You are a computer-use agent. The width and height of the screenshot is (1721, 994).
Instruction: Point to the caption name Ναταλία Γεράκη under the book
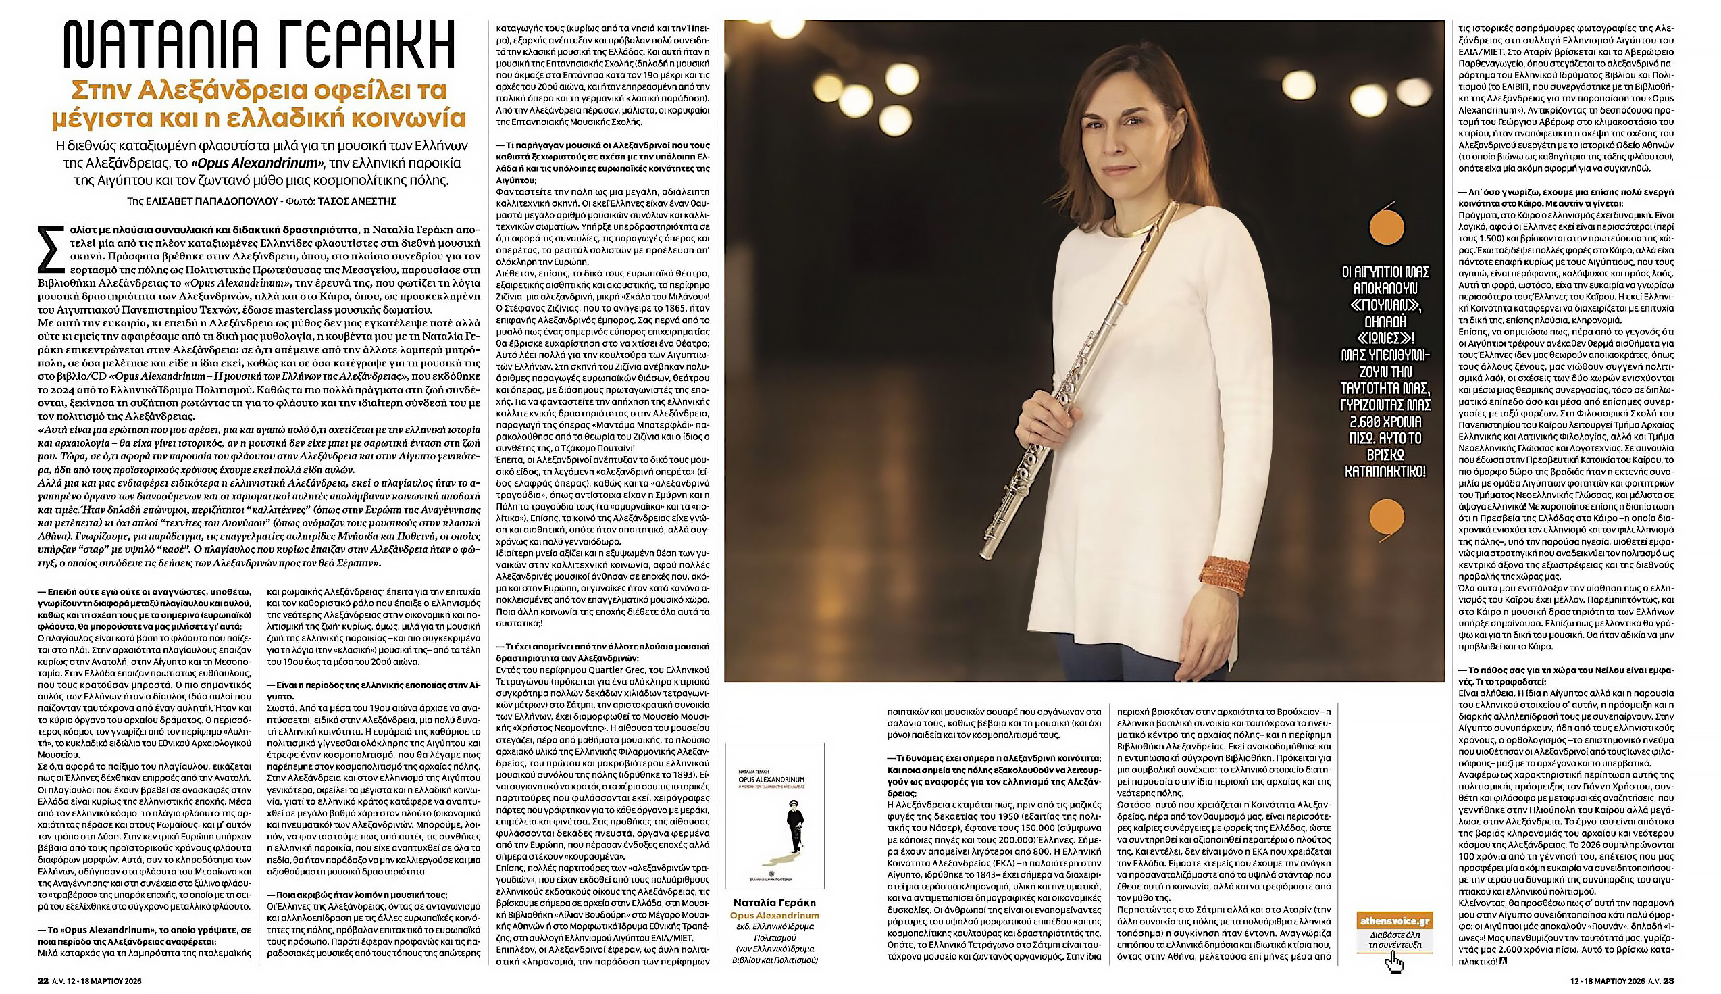[x=774, y=902]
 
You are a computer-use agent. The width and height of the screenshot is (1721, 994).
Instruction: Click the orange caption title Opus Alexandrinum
[x=774, y=915]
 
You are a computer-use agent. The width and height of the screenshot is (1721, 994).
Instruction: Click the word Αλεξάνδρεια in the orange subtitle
[x=205, y=90]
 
